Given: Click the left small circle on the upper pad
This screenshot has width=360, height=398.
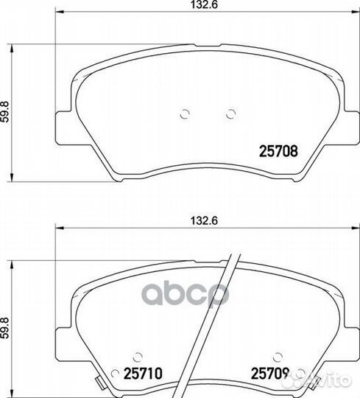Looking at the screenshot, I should pyautogui.click(x=185, y=114).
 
